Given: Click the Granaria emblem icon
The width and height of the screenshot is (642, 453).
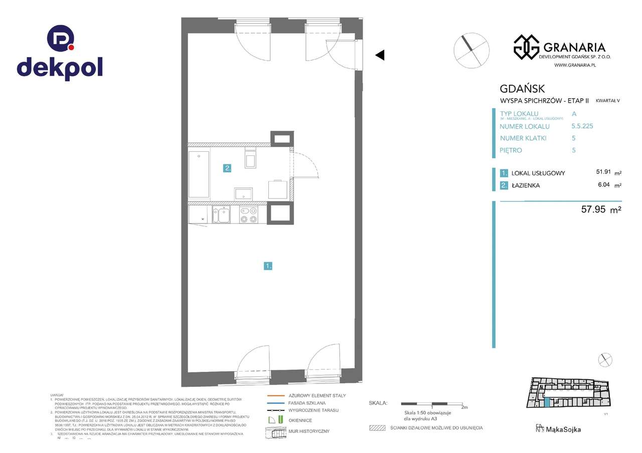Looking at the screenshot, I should tap(526, 47).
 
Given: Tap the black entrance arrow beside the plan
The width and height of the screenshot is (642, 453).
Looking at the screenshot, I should tap(380, 55).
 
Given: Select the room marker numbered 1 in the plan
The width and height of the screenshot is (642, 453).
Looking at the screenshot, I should tap(268, 266).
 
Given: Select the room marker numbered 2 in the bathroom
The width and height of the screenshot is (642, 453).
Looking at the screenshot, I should tap(227, 168).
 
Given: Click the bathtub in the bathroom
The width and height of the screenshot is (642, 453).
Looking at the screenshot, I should tap(199, 174).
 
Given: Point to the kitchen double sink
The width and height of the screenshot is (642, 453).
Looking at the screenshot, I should tap(221, 215).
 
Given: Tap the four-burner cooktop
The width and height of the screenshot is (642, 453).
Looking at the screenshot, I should tap(248, 215).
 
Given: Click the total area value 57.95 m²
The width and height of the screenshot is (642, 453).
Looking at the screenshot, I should tap(601, 210).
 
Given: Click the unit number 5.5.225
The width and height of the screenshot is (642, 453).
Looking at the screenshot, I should tap(582, 126).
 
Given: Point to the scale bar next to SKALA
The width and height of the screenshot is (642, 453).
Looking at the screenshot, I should tap(431, 403).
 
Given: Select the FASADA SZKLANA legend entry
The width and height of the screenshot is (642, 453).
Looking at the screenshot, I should tap(307, 403).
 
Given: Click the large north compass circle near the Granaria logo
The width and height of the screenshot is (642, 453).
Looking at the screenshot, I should tap(471, 50).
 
